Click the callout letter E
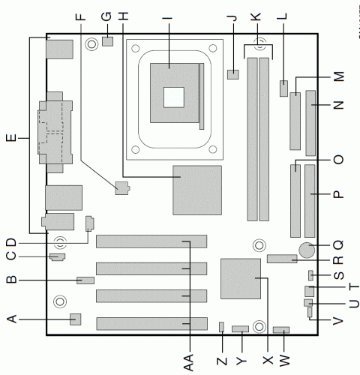(x=11, y=138)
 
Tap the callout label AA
(x=189, y=362)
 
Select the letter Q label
(x=339, y=245)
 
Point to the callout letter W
(x=284, y=361)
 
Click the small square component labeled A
(x=75, y=319)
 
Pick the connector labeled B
(x=85, y=280)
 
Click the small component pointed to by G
(x=108, y=41)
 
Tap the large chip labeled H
(x=197, y=190)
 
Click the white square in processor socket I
(x=174, y=97)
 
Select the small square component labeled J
(x=233, y=74)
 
